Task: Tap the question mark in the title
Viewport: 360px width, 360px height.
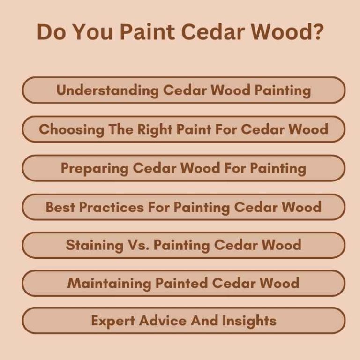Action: coord(317,32)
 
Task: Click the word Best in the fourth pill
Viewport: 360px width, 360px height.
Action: coord(60,207)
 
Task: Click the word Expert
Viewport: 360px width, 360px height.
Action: coord(112,321)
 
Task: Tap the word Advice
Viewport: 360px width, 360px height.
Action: coord(162,321)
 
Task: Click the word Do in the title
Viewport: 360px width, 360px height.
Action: coord(51,32)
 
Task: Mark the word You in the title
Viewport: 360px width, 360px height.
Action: coord(92,32)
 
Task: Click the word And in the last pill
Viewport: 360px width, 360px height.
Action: coord(202,321)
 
